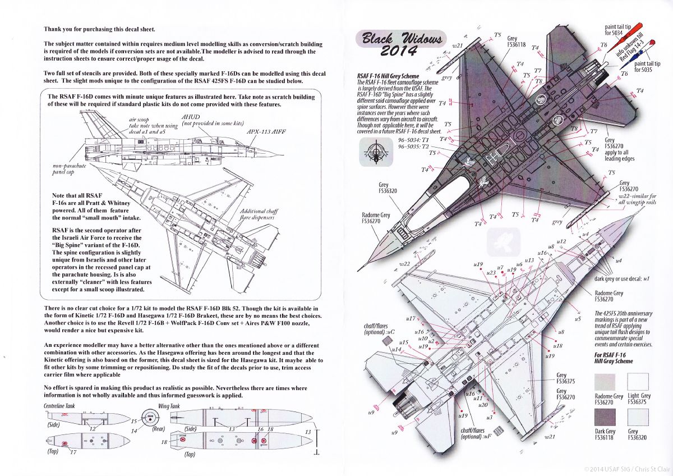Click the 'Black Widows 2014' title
391,44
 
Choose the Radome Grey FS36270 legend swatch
605,383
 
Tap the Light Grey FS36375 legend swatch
638,383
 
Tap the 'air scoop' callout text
142,120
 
